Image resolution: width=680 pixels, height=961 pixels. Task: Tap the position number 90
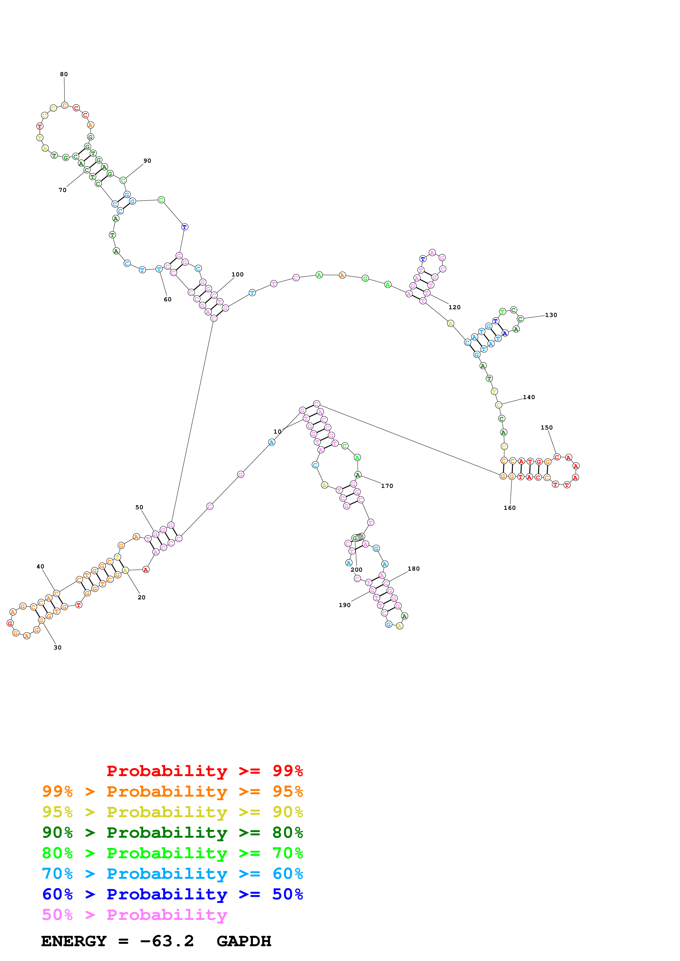pyautogui.click(x=147, y=161)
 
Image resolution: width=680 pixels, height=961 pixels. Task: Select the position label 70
pyautogui.click(x=63, y=190)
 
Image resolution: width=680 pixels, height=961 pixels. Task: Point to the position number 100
pyautogui.click(x=238, y=274)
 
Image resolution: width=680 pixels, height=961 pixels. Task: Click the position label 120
pyautogui.click(x=454, y=307)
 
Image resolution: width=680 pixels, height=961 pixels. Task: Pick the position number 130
pyautogui.click(x=551, y=315)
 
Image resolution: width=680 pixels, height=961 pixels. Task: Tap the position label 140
pyautogui.click(x=529, y=397)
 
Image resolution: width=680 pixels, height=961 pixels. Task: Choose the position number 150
pyautogui.click(x=546, y=427)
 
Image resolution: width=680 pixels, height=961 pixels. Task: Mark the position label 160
pyautogui.click(x=509, y=508)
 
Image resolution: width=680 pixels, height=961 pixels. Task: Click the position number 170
pyautogui.click(x=387, y=486)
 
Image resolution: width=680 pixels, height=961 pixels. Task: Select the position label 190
pyautogui.click(x=345, y=605)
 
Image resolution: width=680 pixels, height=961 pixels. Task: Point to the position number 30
pyautogui.click(x=57, y=648)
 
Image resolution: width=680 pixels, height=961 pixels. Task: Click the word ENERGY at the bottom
pyautogui.click(x=74, y=941)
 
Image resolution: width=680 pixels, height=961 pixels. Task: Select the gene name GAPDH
pyautogui.click(x=244, y=941)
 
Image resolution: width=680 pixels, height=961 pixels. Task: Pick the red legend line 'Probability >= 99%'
pyautogui.click(x=204, y=771)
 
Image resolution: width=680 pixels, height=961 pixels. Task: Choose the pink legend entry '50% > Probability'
pyautogui.click(x=134, y=915)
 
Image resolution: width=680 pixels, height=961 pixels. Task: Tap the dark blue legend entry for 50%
pyautogui.click(x=172, y=894)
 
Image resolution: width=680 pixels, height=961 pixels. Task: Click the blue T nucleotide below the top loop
pyautogui.click(x=184, y=227)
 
